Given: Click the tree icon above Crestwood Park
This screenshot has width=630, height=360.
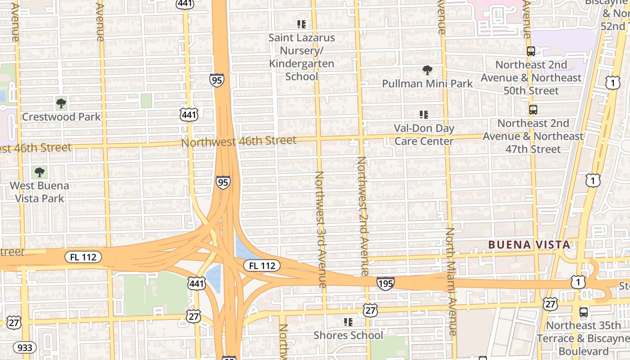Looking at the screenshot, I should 61,103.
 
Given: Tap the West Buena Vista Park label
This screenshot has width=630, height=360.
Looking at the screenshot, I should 40,192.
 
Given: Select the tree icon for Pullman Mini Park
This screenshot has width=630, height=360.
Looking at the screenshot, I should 427,70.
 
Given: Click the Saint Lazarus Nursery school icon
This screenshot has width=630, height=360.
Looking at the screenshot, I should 301,24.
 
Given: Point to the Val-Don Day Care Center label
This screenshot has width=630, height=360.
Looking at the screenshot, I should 424,135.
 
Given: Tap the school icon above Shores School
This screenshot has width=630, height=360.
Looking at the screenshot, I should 348,322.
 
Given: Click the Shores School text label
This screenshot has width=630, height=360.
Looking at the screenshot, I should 348,335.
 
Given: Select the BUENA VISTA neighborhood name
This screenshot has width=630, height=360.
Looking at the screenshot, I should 529,245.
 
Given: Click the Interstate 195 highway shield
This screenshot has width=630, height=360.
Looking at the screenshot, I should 385,283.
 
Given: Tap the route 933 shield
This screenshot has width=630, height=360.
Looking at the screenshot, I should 24,347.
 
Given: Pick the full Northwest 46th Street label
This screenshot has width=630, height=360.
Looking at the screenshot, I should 238,141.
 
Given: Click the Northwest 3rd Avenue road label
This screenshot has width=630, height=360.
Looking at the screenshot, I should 320,229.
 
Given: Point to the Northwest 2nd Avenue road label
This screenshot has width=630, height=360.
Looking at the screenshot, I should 362,216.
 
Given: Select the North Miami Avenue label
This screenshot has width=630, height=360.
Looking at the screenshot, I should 450,281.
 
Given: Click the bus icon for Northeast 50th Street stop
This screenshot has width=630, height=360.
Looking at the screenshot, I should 531,51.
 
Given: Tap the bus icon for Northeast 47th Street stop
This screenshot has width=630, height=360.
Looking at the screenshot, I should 533,109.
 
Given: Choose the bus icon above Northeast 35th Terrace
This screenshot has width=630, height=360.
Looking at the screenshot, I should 583,312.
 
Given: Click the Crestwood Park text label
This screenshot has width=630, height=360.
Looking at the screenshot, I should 61,117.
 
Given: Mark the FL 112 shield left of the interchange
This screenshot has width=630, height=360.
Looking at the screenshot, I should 83,257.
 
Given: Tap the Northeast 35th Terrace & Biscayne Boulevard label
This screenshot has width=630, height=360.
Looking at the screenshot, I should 584,338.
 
